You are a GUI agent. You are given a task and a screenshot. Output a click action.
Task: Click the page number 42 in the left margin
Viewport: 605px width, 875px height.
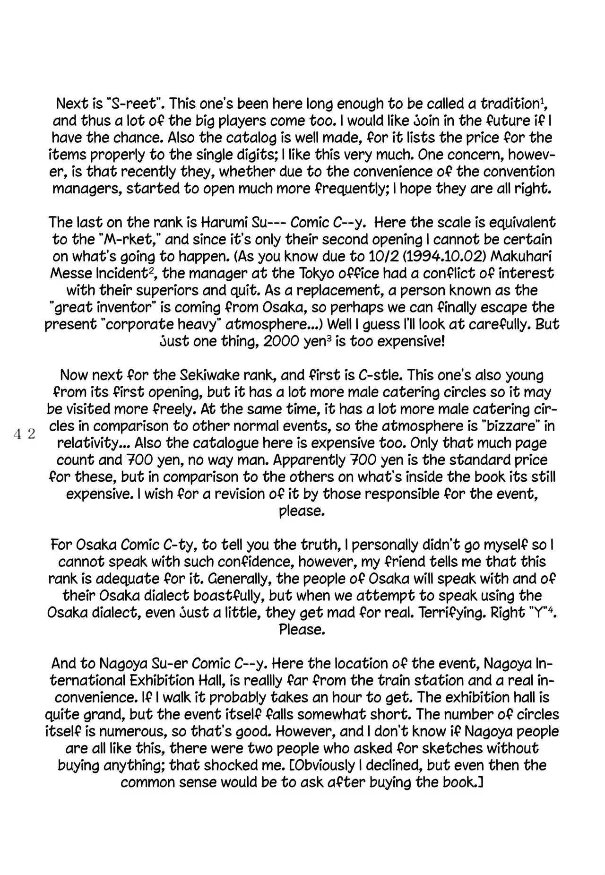[25, 433]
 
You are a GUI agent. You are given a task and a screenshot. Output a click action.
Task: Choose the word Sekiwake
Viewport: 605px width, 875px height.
[210, 375]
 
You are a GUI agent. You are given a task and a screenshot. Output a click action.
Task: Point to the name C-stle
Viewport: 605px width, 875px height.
[380, 375]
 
